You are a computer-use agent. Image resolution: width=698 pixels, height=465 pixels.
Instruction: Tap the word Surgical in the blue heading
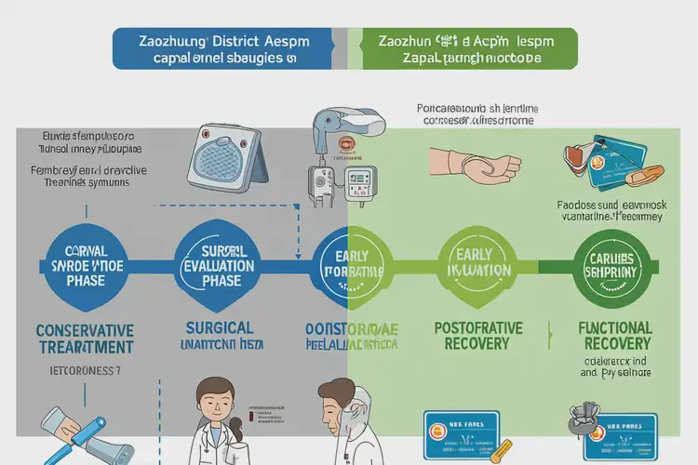220,328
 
